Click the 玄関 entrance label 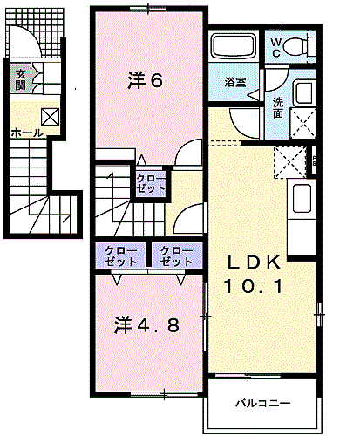tap(19, 79)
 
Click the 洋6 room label tap(146, 81)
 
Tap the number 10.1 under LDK tap(255, 285)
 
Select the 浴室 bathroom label tap(234, 82)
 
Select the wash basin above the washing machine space tap(303, 92)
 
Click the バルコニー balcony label tap(262, 404)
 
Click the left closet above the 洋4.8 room tap(120, 255)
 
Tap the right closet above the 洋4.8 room tap(176, 255)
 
